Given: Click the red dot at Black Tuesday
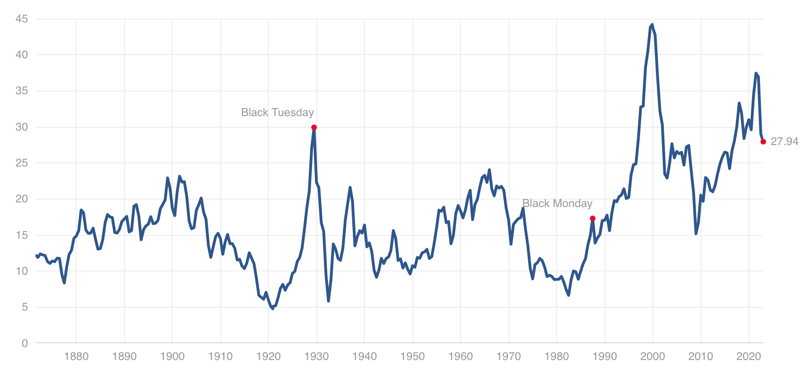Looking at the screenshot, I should pyautogui.click(x=314, y=127).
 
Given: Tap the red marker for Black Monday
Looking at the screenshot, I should pyautogui.click(x=593, y=218).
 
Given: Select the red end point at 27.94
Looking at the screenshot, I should pyautogui.click(x=763, y=142).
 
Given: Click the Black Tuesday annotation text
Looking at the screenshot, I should pyautogui.click(x=277, y=112).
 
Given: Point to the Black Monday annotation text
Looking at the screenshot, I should pyautogui.click(x=557, y=203).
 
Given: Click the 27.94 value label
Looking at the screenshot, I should pyautogui.click(x=784, y=141).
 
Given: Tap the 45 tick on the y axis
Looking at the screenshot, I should pyautogui.click(x=21, y=19).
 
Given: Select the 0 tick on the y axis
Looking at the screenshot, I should pyautogui.click(x=25, y=343).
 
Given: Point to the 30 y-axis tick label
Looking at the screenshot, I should pyautogui.click(x=21, y=127).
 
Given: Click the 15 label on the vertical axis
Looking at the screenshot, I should pyautogui.click(x=21, y=235).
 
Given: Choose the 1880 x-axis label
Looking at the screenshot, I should pyautogui.click(x=76, y=357).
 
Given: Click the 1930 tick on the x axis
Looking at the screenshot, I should pyautogui.click(x=316, y=357).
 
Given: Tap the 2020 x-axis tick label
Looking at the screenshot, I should pyautogui.click(x=748, y=357).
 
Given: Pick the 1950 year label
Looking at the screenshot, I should pyautogui.click(x=412, y=357).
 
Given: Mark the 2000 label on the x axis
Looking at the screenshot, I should pyautogui.click(x=652, y=357).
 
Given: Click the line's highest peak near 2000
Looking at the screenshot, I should pyautogui.click(x=652, y=25).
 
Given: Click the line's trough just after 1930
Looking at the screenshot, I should pyautogui.click(x=328, y=301).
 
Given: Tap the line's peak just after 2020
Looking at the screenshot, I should pyautogui.click(x=756, y=73).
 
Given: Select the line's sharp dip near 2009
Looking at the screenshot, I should pyautogui.click(x=696, y=234).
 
